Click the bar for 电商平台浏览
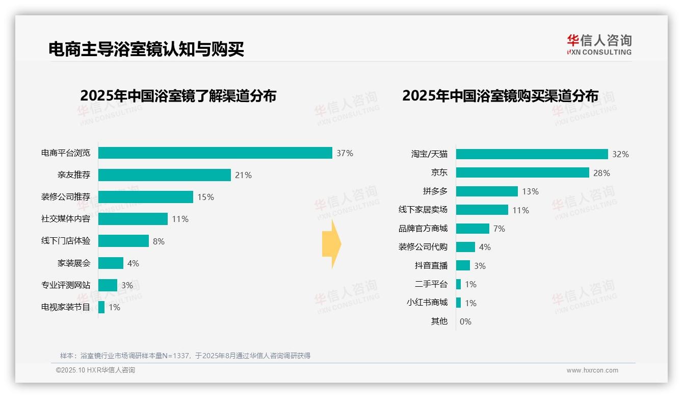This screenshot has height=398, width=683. point(215,153)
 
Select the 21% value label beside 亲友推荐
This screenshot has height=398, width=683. point(243,175)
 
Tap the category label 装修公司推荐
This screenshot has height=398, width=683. point(66,197)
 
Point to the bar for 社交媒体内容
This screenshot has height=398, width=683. point(133,219)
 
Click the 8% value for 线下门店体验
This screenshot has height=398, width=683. point(159,241)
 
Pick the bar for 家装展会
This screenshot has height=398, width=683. point(111,263)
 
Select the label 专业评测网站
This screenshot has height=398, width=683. point(66,285)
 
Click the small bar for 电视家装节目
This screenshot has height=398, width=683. point(101,307)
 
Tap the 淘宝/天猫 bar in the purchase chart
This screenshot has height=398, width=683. point(532,154)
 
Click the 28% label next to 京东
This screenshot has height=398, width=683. point(601,173)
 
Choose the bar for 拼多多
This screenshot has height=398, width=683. point(487,191)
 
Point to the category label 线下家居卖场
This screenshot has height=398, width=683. point(423,210)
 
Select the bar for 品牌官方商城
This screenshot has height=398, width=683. point(472,229)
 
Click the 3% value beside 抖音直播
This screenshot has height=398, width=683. point(480,266)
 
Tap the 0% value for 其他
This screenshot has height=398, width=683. point(465,321)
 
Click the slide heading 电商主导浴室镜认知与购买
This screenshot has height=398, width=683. point(146,49)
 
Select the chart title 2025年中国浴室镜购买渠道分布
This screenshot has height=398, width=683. point(500,96)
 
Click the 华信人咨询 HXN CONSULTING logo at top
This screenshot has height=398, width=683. point(599,44)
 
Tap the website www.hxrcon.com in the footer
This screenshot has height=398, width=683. point(592,370)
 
